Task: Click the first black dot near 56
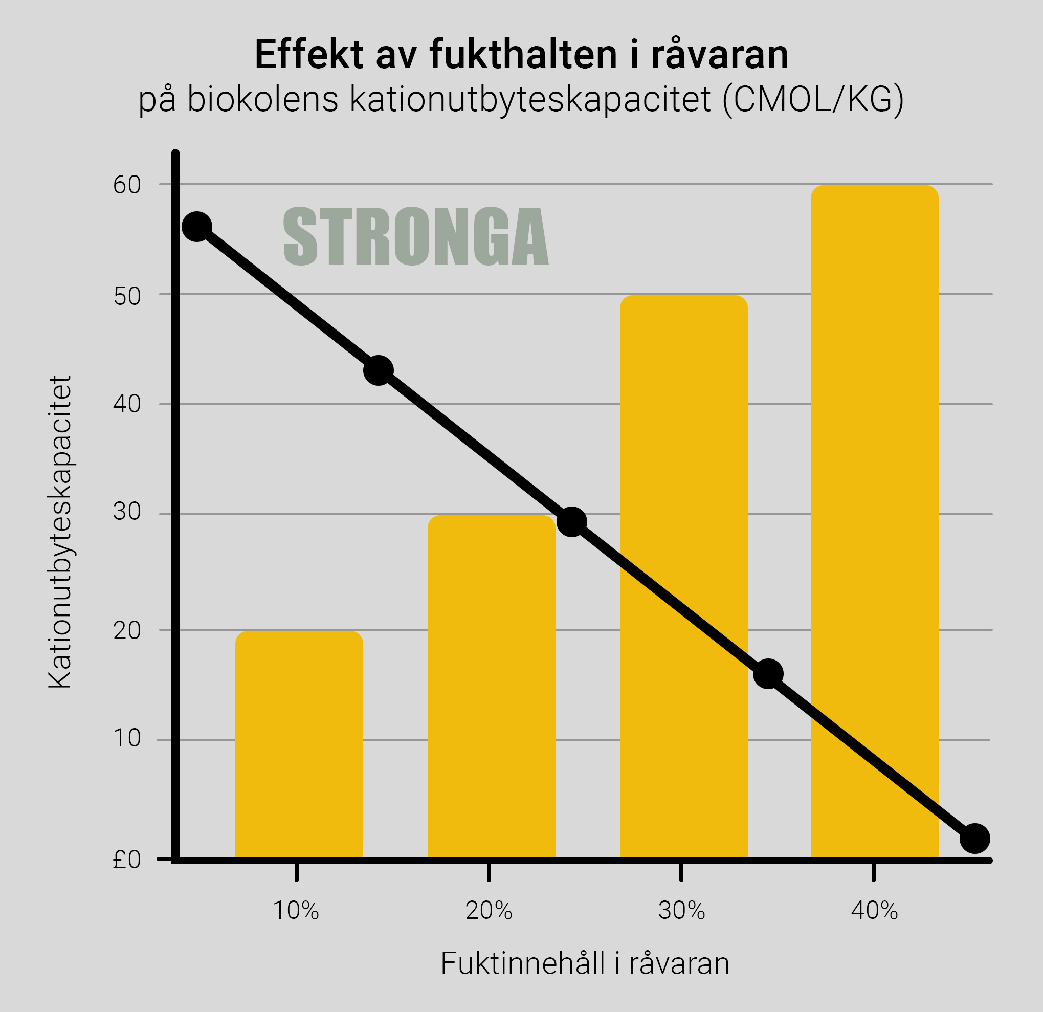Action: (197, 226)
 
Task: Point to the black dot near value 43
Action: (379, 370)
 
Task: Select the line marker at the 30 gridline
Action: (571, 522)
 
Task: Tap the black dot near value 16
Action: (768, 674)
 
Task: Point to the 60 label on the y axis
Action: (127, 185)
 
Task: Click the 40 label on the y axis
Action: (127, 404)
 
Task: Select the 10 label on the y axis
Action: (127, 738)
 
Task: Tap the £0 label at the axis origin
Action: (126, 860)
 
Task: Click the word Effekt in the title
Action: (308, 54)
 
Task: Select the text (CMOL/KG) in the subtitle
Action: (813, 99)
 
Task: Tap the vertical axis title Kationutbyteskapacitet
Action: (60, 533)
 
